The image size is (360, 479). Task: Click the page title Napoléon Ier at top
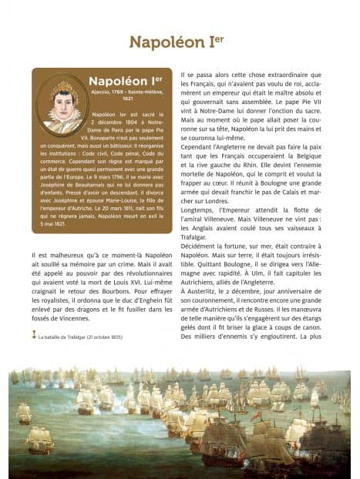180,42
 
